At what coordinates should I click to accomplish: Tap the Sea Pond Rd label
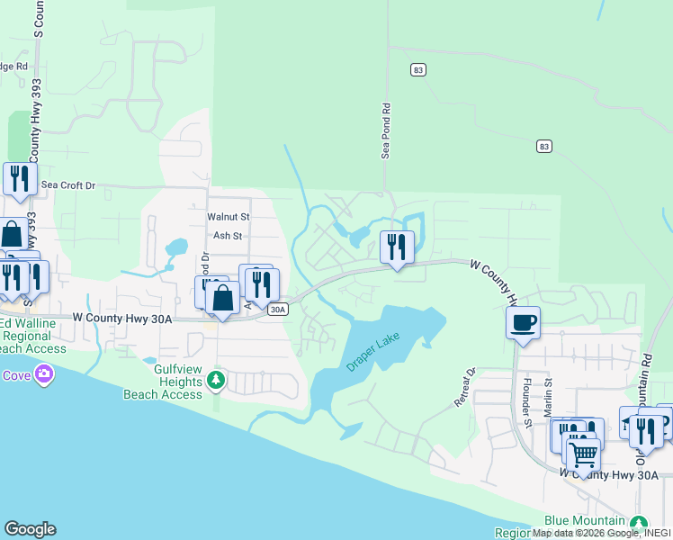386,130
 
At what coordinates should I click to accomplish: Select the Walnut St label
228,217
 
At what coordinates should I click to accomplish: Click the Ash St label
228,236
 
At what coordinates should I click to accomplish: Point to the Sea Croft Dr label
68,185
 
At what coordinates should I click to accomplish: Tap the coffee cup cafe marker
523,322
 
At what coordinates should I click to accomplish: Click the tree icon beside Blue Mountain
639,523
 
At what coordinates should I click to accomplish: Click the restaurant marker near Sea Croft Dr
18,178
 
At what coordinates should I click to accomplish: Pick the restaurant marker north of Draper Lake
396,246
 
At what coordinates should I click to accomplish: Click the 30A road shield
278,310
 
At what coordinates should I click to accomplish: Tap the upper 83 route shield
417,69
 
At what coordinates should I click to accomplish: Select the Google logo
30,529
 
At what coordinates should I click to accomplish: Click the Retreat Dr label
464,386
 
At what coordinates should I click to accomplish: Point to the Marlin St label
546,397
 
